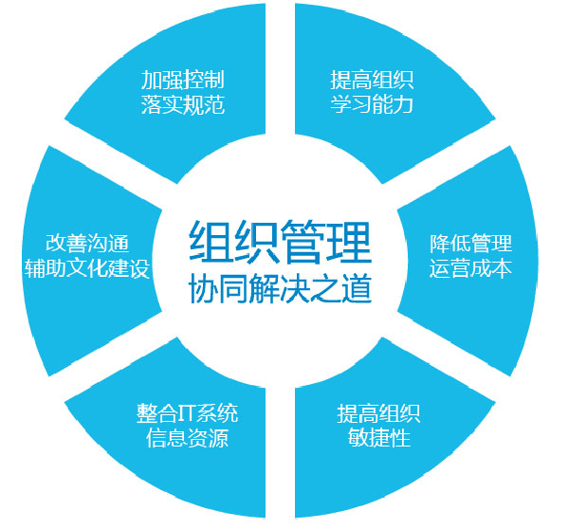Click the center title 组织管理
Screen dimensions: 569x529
point(280,242)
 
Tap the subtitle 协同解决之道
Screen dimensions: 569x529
point(280,289)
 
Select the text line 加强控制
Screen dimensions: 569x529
point(183,80)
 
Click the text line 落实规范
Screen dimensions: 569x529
point(183,105)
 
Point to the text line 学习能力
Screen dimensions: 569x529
point(372,104)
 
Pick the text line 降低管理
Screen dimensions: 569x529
point(471,243)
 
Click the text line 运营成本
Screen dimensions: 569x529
point(471,268)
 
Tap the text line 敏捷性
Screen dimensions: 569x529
point(379,438)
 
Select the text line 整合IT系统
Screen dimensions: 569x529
point(187,413)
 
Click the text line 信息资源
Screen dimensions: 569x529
point(187,438)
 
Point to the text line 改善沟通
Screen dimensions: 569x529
point(87,243)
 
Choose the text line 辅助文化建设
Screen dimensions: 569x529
point(87,268)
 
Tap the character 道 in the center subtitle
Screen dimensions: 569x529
point(358,289)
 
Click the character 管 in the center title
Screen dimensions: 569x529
point(303,242)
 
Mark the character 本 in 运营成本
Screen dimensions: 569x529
point(502,268)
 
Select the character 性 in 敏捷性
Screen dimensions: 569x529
point(400,438)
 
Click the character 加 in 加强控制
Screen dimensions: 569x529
point(152,80)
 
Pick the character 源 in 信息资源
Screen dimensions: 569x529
point(218,438)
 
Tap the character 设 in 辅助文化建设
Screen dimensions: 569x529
point(139,268)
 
